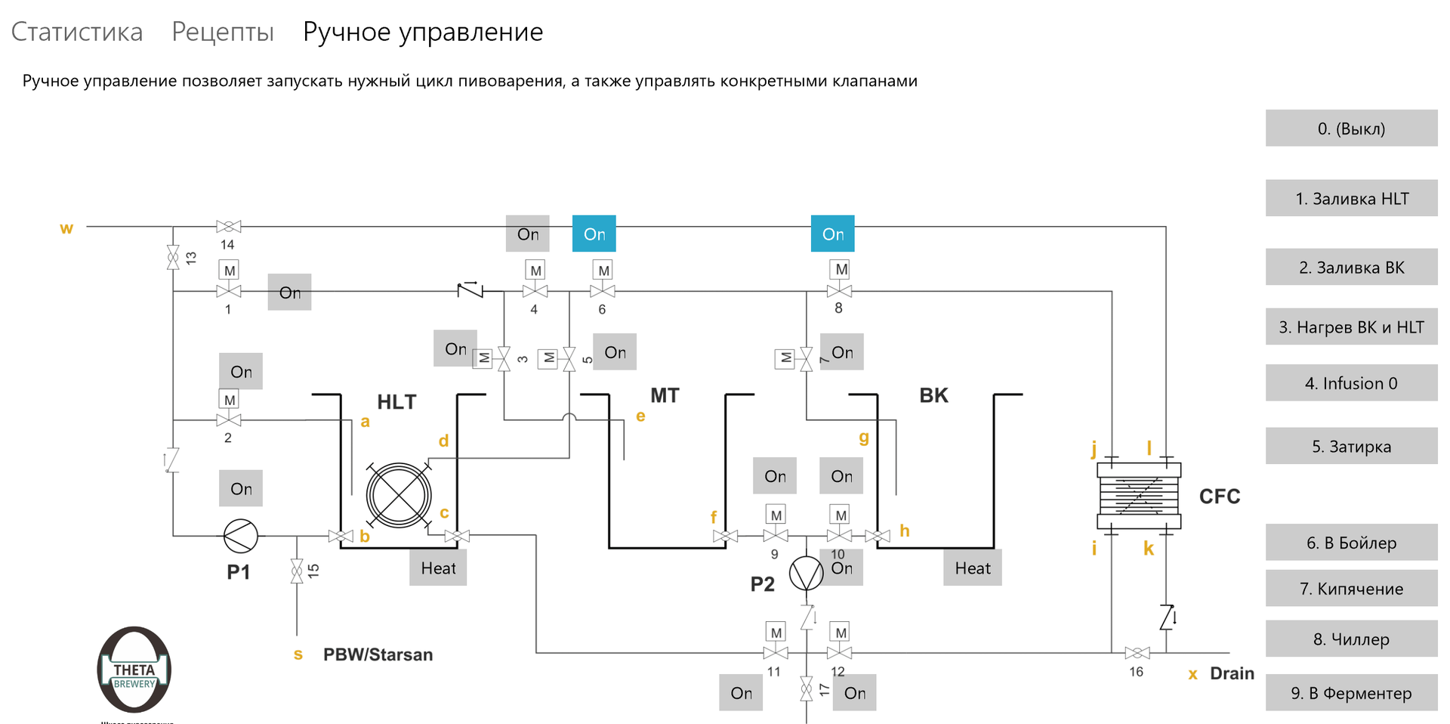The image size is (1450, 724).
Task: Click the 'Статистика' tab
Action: coord(77,32)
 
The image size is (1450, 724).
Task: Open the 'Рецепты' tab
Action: coord(223,32)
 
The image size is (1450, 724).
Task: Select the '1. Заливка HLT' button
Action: coord(1351,199)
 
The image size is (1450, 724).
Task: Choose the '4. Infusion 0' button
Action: coord(1351,383)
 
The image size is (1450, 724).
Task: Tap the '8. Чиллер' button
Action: coord(1351,639)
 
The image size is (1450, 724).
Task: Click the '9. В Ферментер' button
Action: coord(1351,693)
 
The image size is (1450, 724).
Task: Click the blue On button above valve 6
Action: coord(594,234)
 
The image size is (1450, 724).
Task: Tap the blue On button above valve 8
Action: coord(833,234)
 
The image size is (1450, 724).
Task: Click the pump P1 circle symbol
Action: coord(241,536)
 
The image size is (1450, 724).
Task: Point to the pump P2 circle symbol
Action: coord(807,574)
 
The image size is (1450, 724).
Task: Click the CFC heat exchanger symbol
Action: coord(1138,496)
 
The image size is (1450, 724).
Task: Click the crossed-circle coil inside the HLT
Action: coord(399,496)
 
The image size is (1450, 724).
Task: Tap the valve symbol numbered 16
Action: coord(1137,653)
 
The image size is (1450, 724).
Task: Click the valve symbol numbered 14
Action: coord(228,227)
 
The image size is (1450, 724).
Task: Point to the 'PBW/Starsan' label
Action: coord(378,654)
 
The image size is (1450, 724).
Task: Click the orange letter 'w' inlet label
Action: coord(66,228)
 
